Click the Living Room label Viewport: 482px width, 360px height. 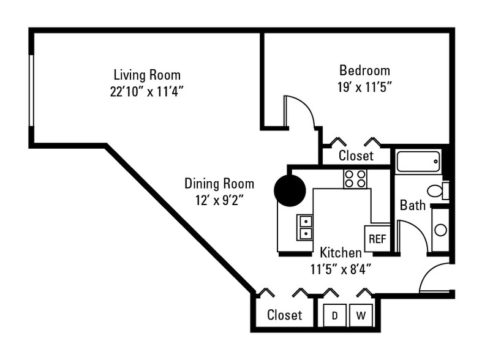click(147, 75)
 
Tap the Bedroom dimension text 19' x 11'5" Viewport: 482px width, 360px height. click(364, 87)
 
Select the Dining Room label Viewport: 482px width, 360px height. click(219, 184)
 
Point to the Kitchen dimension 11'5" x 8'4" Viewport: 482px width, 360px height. click(341, 269)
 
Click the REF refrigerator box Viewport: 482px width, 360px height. click(377, 239)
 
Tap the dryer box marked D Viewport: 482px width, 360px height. click(335, 315)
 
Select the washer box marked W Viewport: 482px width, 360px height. click(361, 315)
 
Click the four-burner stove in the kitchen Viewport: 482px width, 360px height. click(355, 179)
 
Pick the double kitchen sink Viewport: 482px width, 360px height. click(304, 227)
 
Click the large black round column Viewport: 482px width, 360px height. click(290, 190)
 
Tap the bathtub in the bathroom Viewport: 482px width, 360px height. click(418, 162)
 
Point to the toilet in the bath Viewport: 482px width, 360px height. click(437, 191)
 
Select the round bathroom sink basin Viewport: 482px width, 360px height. click(441, 230)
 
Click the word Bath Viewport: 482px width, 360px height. click(413, 205)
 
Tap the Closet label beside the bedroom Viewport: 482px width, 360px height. click(356, 156)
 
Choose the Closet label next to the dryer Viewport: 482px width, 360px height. click(285, 315)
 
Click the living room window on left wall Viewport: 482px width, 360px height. click(31, 91)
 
